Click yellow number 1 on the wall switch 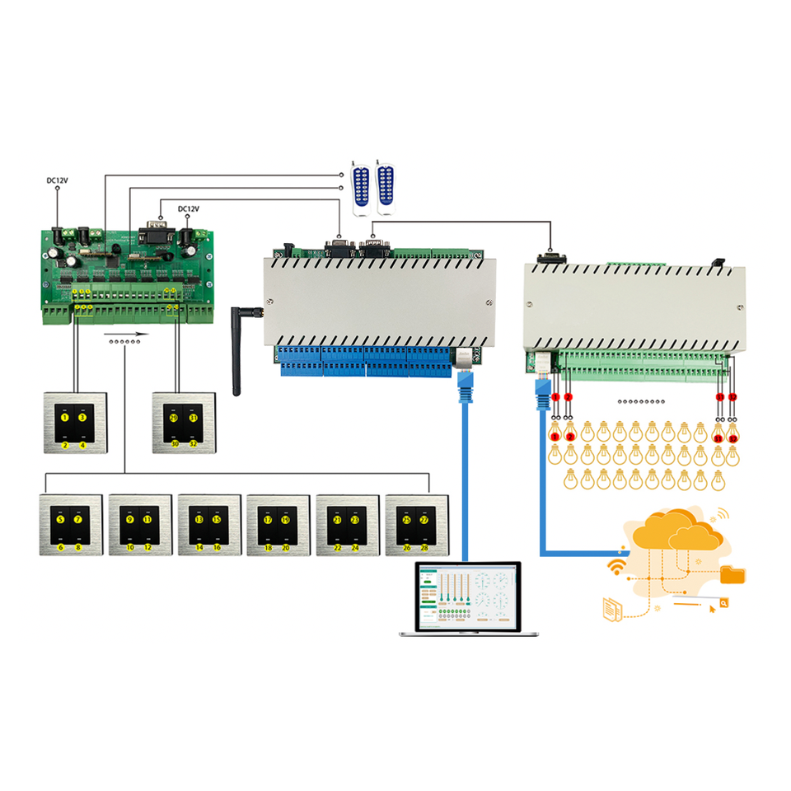coord(65,419)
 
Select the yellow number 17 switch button coord(268,521)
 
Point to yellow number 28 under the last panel coord(424,547)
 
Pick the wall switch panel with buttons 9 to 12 coord(140,524)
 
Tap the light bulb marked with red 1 coord(555,433)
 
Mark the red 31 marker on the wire coord(719,398)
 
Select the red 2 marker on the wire coord(569,398)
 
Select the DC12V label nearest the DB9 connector coord(189,209)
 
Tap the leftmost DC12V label coord(57,179)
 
